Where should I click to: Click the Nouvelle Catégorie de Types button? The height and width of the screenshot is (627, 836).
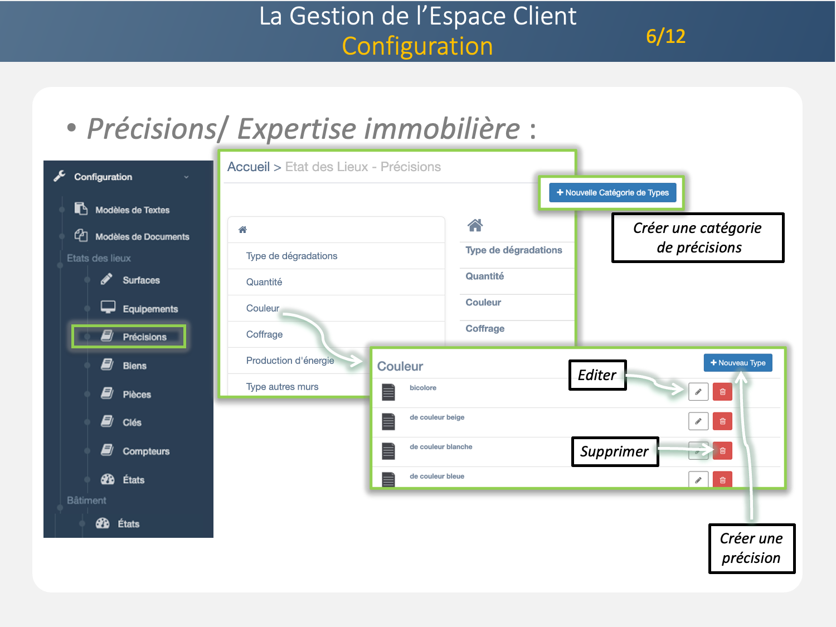(x=613, y=193)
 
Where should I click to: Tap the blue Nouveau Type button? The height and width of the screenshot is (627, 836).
(x=738, y=363)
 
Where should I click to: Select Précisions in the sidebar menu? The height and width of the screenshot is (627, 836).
(x=144, y=337)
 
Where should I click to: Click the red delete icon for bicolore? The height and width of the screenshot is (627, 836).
(x=722, y=392)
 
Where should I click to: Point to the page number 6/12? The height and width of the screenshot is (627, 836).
(x=665, y=37)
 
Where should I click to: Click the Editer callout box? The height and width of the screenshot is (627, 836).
(x=597, y=375)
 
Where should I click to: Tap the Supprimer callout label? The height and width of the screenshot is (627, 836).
(x=614, y=451)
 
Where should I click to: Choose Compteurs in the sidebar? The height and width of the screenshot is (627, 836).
(x=145, y=451)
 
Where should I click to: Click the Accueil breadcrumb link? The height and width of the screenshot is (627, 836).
(x=249, y=167)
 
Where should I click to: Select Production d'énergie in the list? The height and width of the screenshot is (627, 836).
(x=290, y=361)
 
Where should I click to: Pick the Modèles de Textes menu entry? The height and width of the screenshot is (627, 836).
(x=132, y=210)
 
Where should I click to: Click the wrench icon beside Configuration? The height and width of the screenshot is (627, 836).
(x=60, y=176)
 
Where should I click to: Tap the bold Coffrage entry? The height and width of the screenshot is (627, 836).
(x=485, y=329)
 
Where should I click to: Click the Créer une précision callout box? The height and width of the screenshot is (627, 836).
(x=751, y=548)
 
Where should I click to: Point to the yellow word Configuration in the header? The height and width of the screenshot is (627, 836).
(x=417, y=46)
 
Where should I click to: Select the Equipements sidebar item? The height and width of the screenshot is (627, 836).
(x=150, y=309)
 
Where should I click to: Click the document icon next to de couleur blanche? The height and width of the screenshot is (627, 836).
(x=388, y=450)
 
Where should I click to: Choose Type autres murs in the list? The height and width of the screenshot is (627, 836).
(x=282, y=387)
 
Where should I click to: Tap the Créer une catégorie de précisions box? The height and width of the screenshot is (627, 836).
(x=698, y=237)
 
